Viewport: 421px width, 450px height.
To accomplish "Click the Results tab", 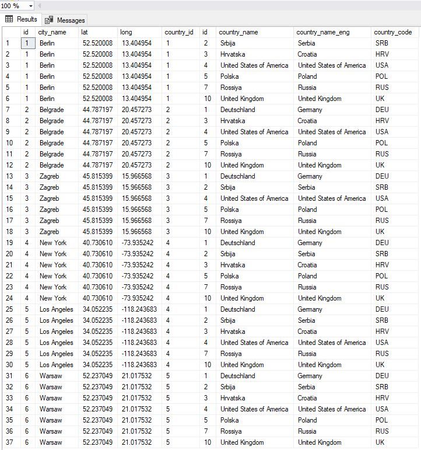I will click(x=22, y=19).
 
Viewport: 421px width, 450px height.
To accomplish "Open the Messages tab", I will click(x=65, y=20).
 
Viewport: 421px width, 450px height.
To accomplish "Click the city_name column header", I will click(x=52, y=32).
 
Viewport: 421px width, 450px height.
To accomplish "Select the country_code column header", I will click(x=394, y=32).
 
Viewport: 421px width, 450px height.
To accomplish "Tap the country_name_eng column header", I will click(x=323, y=32).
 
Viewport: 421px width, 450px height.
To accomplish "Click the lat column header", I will click(x=85, y=32).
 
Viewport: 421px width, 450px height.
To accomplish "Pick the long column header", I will click(x=126, y=32).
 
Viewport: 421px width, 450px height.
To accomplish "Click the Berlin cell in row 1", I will click(x=47, y=43).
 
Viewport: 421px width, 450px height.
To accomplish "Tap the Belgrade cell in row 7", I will click(x=52, y=110).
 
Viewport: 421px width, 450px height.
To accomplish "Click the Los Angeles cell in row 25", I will click(x=57, y=309).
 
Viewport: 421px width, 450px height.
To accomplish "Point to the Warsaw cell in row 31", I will click(x=51, y=376).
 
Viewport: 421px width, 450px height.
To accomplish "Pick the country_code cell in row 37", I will click(x=380, y=442).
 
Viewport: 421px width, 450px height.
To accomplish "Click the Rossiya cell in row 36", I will click(x=231, y=431).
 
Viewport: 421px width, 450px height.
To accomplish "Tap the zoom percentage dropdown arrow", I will click(x=30, y=6).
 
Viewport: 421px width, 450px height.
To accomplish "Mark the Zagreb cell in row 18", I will click(x=49, y=232).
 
